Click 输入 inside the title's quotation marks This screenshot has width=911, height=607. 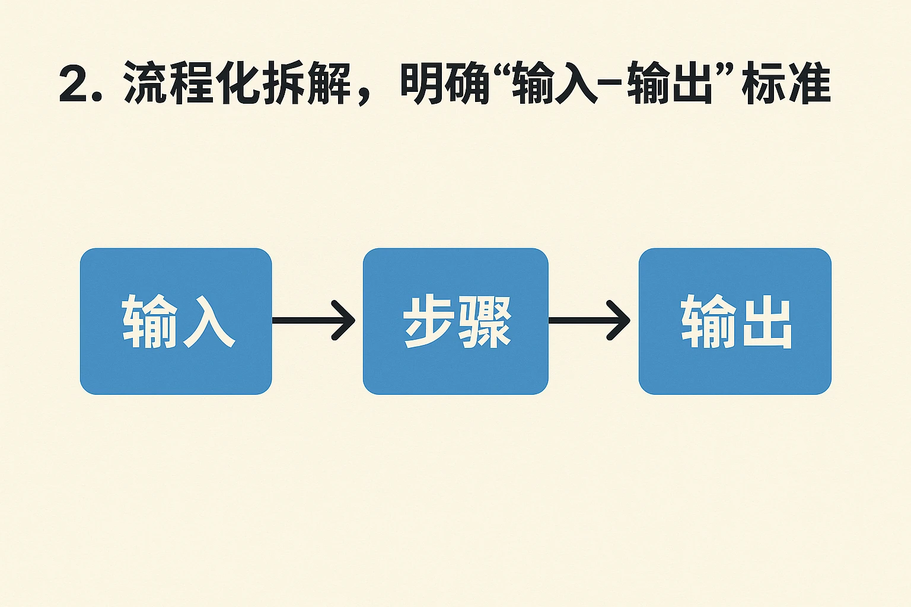pos(555,84)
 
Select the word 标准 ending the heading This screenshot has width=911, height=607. pos(786,84)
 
